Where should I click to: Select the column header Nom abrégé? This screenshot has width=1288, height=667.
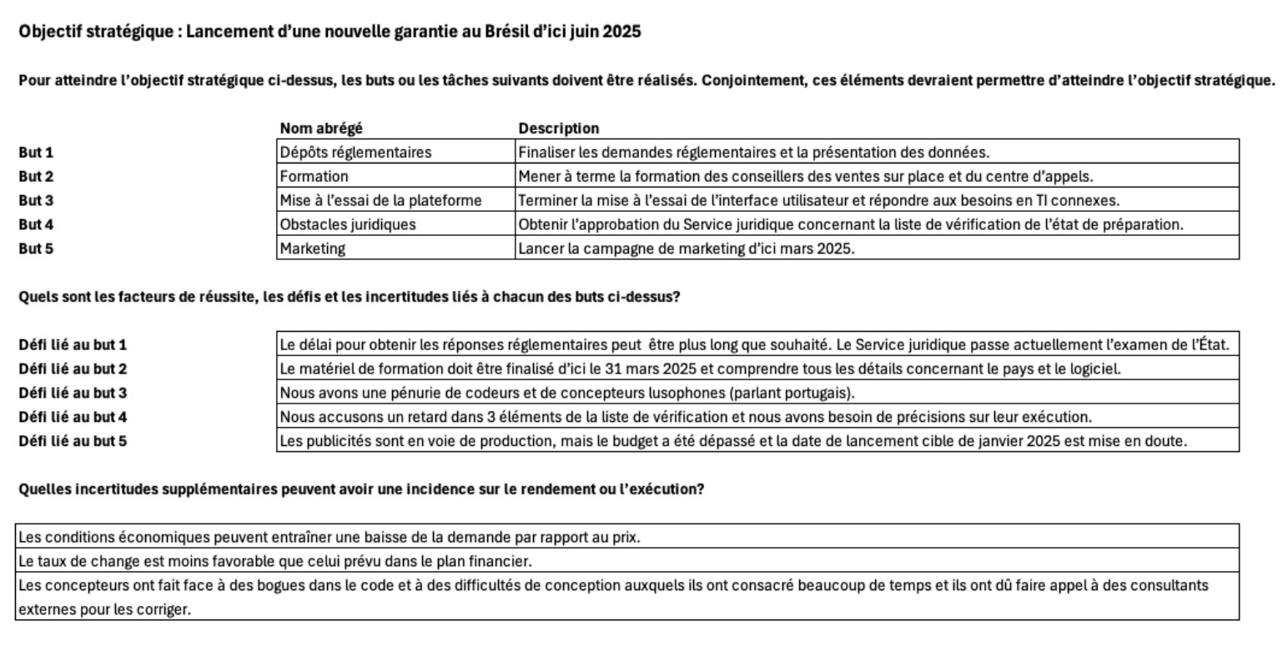point(321,128)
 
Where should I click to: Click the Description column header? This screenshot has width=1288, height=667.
point(558,128)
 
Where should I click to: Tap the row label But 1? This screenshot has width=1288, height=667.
point(36,153)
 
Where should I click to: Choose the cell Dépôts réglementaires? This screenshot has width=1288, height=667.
point(355,153)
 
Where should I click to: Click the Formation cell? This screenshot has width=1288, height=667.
point(314,177)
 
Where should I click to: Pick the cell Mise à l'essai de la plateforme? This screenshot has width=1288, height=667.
point(380,201)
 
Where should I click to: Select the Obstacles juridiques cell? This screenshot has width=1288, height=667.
point(347,225)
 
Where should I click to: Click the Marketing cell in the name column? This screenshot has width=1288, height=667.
point(312,248)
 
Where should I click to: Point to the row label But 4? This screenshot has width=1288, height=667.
point(36,225)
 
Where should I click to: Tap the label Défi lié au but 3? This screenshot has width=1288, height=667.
point(73,393)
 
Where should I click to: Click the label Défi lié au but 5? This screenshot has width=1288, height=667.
point(73,441)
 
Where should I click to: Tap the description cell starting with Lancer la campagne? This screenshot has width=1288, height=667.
point(686,248)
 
